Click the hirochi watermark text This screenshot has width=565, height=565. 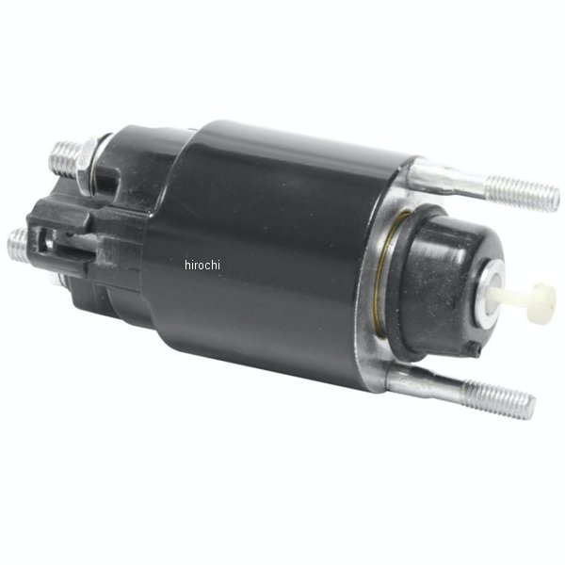point(202,266)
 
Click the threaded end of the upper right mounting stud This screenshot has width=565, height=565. point(523,193)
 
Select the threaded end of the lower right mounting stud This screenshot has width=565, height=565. point(499,399)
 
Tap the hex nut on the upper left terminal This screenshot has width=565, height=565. point(88,166)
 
